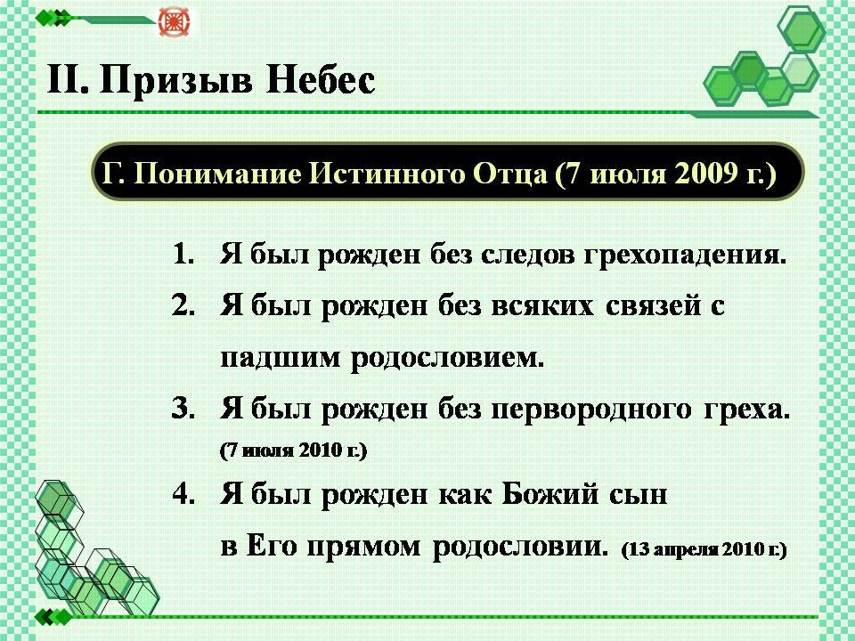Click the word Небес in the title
click(321, 79)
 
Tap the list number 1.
click(184, 255)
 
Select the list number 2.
click(183, 305)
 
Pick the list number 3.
click(183, 409)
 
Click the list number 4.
click(183, 494)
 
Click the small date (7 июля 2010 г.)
click(294, 450)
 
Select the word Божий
click(550, 494)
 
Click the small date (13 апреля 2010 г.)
click(704, 549)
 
